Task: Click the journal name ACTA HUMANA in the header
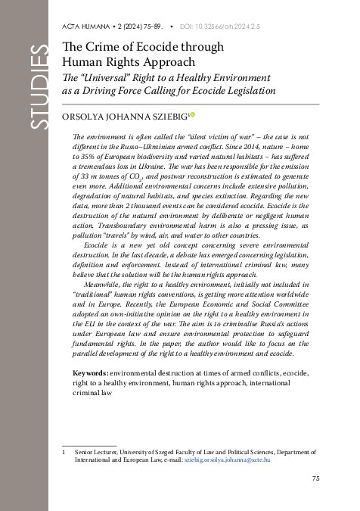point(82,27)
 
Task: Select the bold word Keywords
point(89,373)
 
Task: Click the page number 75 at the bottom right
point(316,478)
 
